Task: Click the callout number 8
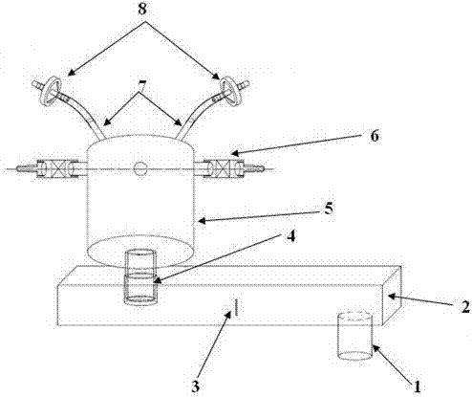coord(142,9)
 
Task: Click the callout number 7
coord(142,86)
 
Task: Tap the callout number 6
coord(375,136)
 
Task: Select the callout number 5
coord(329,209)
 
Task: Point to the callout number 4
coord(290,236)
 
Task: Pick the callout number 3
coord(195,386)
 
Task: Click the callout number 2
coord(465,307)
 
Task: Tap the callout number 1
coord(417,386)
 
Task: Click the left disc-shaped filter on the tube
coord(51,91)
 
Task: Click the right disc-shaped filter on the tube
coord(231,91)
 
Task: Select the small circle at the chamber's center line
coord(140,168)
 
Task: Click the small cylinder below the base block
coord(354,336)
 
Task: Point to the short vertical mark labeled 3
coord(236,307)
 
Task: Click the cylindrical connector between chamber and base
coord(140,276)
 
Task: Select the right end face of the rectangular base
coord(392,296)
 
